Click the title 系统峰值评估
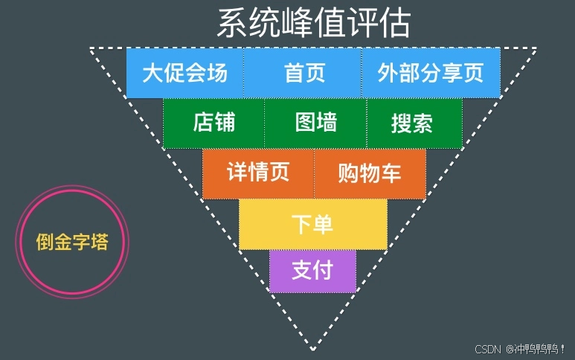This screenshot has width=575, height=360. (x=313, y=24)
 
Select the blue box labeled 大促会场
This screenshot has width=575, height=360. (x=184, y=73)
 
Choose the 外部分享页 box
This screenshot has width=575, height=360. (x=431, y=73)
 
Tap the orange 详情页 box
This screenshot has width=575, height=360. (x=258, y=173)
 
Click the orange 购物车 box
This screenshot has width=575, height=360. (x=370, y=173)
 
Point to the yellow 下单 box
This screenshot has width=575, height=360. (x=312, y=224)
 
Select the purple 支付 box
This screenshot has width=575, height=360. (x=312, y=271)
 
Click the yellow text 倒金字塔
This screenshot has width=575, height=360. (x=72, y=242)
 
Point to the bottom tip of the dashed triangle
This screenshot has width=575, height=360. (x=313, y=349)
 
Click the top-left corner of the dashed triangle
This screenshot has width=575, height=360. (x=91, y=49)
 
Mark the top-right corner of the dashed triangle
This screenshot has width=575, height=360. (x=536, y=49)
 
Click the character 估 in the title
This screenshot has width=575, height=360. (x=396, y=24)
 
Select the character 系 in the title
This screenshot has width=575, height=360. (x=231, y=24)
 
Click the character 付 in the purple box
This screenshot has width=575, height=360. (x=323, y=271)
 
